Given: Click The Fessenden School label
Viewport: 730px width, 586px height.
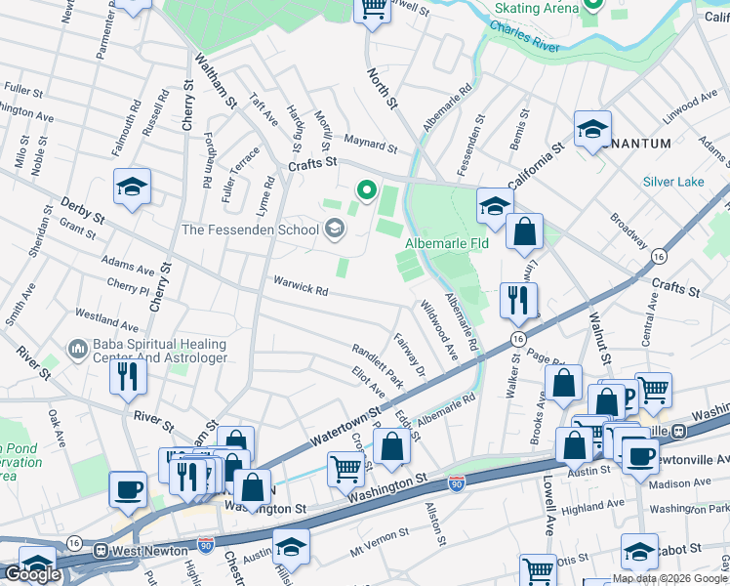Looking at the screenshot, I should tap(250, 230).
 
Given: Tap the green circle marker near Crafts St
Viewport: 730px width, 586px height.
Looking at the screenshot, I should tap(367, 189).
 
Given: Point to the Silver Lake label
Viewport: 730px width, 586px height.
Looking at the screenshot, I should tap(671, 182).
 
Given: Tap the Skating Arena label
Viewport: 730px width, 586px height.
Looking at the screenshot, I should tap(537, 8).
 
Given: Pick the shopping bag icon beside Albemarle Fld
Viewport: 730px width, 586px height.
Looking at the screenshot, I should tap(524, 232).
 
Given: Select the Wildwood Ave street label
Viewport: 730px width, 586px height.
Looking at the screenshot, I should tap(438, 330).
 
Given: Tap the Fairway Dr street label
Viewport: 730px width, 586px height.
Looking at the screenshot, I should tap(409, 356).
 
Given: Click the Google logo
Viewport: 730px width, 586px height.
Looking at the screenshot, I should tap(32, 574).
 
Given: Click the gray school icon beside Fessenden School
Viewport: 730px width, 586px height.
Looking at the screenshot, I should tap(335, 230).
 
